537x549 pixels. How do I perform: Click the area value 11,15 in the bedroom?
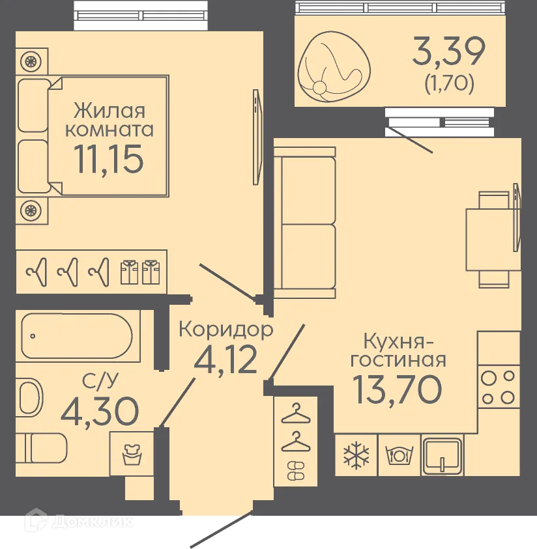click(x=108, y=160)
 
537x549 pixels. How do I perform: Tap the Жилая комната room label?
click(x=108, y=119)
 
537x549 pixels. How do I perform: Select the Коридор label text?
click(x=225, y=330)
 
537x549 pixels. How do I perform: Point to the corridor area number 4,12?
click(x=226, y=360)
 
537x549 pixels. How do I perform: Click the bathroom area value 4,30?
click(x=100, y=410)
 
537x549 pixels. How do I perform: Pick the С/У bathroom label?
click(x=96, y=380)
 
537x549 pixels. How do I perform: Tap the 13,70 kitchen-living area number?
click(x=398, y=389)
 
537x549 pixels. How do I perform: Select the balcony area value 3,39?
click(x=448, y=53)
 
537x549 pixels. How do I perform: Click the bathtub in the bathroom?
click(x=77, y=337)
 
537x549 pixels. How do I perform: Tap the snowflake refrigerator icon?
click(x=356, y=454)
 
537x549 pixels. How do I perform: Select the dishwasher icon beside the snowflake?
click(x=398, y=454)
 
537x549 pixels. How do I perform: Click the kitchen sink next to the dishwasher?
click(x=442, y=455)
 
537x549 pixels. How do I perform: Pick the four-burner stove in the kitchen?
click(x=499, y=387)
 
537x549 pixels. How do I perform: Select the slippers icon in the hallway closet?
click(x=295, y=470)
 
